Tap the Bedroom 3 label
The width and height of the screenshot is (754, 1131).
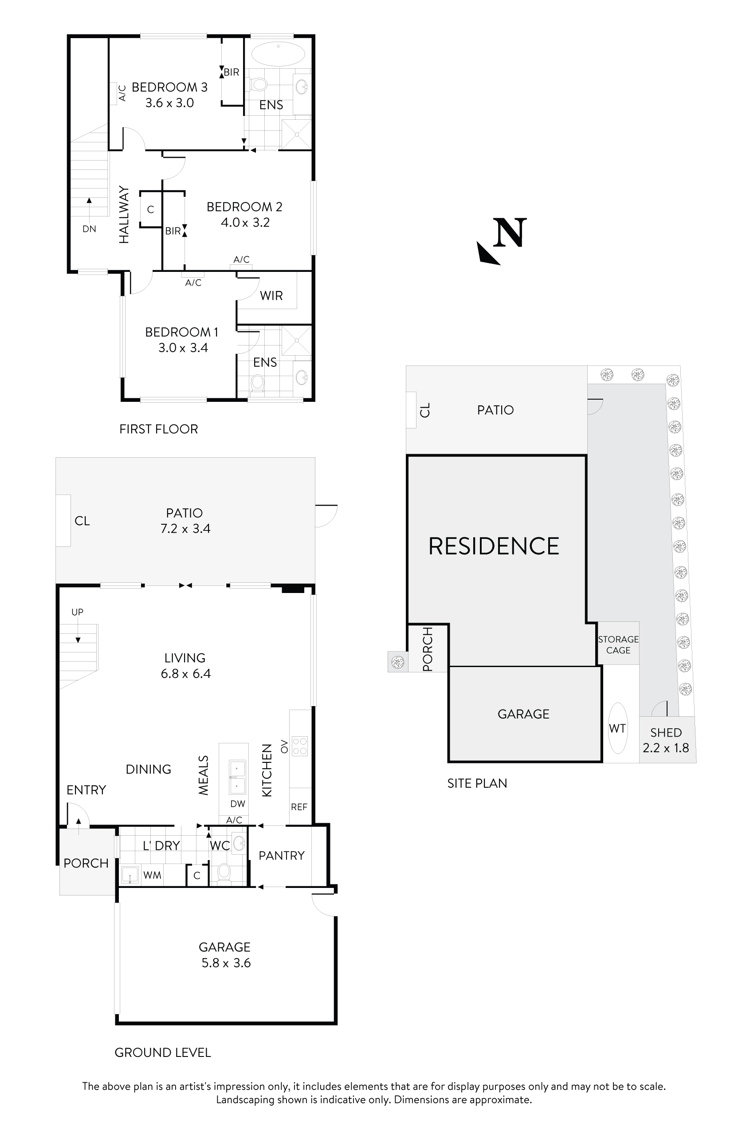[169, 87]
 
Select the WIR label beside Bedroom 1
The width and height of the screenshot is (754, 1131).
[271, 296]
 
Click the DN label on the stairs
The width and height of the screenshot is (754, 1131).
[89, 229]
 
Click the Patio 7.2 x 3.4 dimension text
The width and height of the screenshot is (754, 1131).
[185, 529]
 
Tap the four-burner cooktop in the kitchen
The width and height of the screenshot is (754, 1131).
[299, 746]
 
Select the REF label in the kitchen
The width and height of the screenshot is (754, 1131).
[299, 807]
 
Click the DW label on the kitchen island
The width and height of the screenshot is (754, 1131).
[238, 804]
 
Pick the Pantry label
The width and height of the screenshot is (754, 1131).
[281, 856]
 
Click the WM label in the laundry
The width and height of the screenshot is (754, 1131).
[152, 875]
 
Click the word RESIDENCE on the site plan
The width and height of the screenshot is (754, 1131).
[494, 546]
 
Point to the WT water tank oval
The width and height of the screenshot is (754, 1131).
[617, 728]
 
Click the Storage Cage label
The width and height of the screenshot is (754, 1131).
[618, 644]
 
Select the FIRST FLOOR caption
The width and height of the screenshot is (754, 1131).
[159, 429]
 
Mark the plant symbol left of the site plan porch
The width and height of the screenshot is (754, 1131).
[397, 662]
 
